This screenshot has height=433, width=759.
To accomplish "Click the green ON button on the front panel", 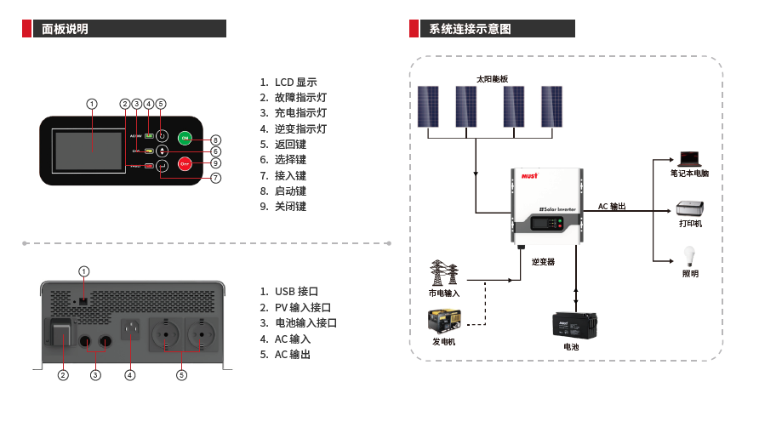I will (x=185, y=138).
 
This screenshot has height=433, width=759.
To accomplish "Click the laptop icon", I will (x=688, y=158).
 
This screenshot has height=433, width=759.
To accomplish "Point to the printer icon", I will (x=689, y=208).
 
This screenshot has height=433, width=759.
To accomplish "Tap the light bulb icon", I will (x=689, y=256).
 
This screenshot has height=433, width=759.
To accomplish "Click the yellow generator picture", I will (x=443, y=322).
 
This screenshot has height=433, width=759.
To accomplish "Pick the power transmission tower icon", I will (x=443, y=274).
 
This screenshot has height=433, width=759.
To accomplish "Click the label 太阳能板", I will (x=492, y=78).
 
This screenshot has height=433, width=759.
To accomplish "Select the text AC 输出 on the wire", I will (x=612, y=207).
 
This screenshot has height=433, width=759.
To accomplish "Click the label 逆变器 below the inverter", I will (x=543, y=262).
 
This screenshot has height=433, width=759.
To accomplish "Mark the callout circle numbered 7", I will (x=215, y=178).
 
